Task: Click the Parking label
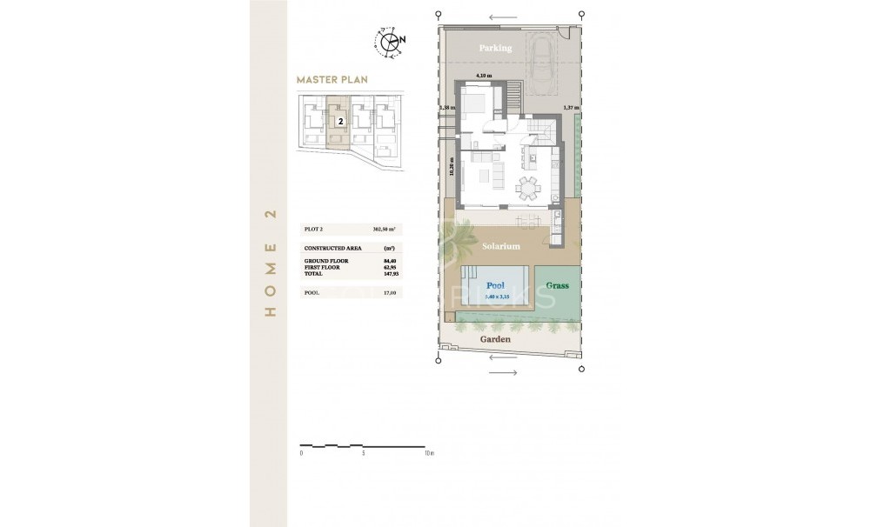[495, 48]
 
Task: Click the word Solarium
[500, 247]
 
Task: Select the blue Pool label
[495, 285]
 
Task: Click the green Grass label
[557, 285]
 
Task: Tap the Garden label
[496, 339]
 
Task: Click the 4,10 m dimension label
[483, 76]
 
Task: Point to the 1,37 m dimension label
[571, 108]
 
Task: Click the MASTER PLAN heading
[332, 79]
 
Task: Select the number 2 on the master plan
[340, 122]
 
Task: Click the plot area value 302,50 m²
[384, 229]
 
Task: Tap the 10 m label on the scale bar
[428, 453]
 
